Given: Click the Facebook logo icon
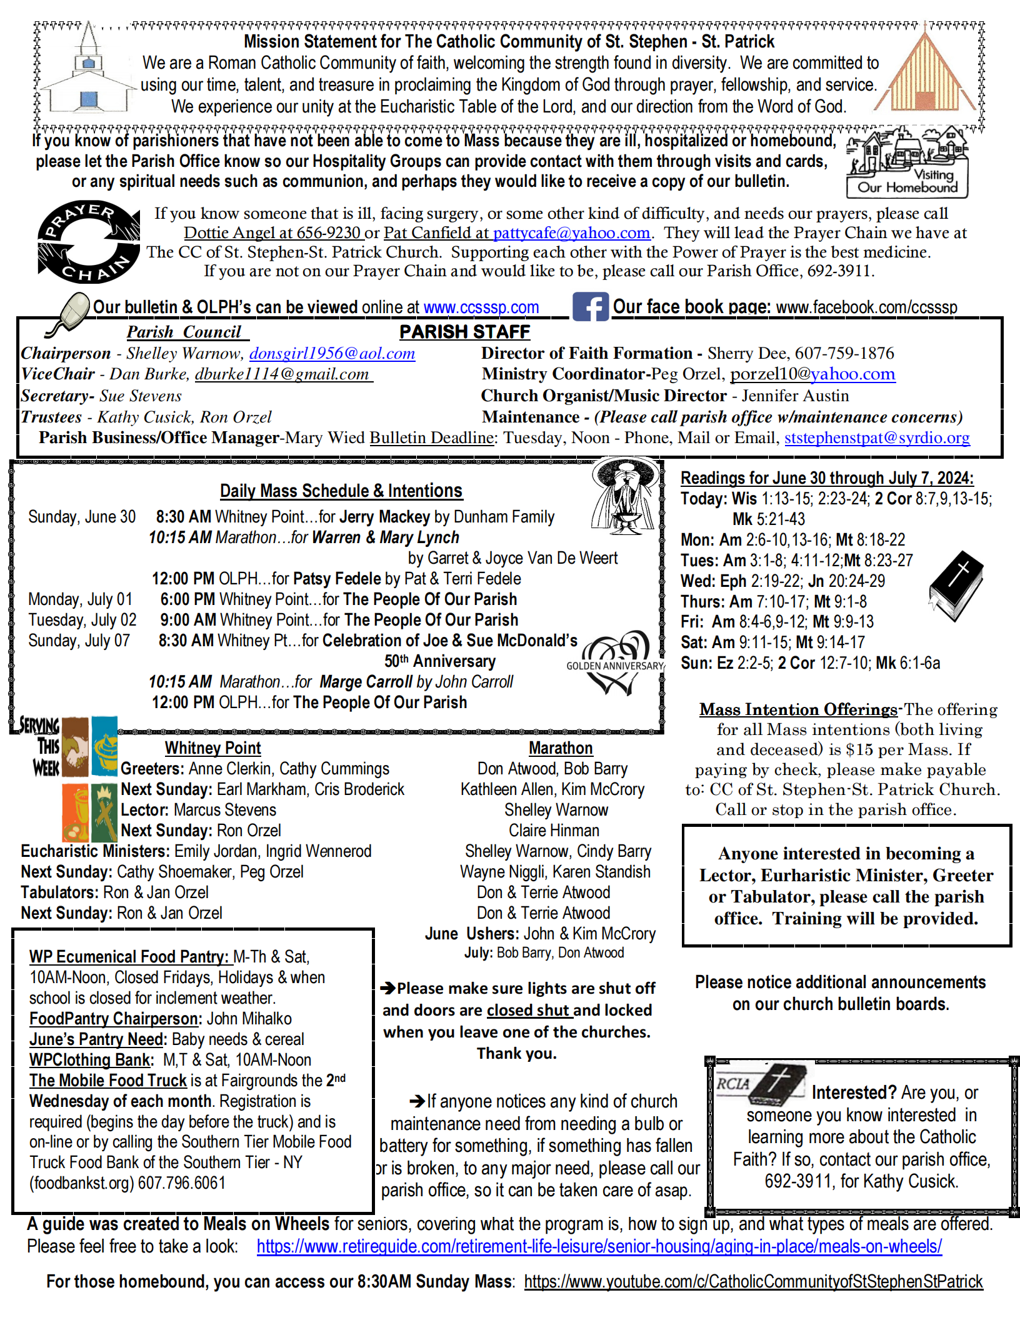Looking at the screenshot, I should point(591,307).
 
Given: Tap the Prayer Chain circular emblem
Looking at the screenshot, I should point(88,242).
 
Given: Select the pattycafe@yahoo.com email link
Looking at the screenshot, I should point(571,233).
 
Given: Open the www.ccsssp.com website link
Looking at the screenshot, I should point(481,307).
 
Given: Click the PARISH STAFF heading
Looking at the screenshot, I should point(464,332).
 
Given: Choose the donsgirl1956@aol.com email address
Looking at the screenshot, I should point(332,354).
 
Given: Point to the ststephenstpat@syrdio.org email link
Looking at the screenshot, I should point(877,437).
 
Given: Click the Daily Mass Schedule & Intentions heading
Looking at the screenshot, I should point(341,491).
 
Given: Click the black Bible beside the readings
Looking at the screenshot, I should point(956,585).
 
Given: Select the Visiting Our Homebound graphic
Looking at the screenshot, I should point(906,162).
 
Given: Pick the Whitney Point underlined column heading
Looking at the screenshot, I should point(212,748).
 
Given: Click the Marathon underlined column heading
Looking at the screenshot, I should point(560,748).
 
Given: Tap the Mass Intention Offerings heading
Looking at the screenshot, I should point(798,709).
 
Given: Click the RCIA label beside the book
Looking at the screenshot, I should point(732,1084).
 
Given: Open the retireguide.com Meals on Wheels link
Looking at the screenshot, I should point(599,1246).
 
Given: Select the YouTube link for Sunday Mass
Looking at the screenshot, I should point(753,1282).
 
